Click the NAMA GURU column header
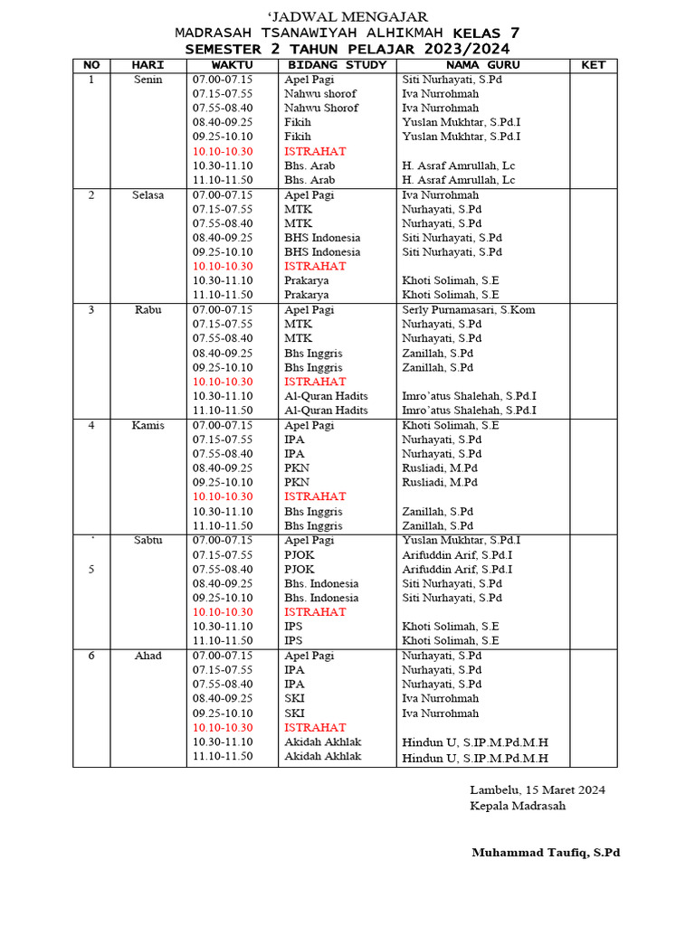tap(482, 65)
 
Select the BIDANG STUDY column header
tap(337, 65)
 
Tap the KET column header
tap(593, 65)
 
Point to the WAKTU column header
tap(233, 65)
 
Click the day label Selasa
tap(148, 194)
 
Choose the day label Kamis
tap(148, 425)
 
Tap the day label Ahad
tap(148, 656)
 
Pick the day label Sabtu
tap(148, 540)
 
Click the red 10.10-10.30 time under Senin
tap(223, 151)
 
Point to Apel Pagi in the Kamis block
tap(309, 425)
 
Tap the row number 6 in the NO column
tap(91, 656)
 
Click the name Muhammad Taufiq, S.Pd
tap(546, 853)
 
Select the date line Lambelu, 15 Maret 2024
tap(538, 789)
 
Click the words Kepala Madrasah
tap(518, 806)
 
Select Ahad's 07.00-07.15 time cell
tap(223, 656)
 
